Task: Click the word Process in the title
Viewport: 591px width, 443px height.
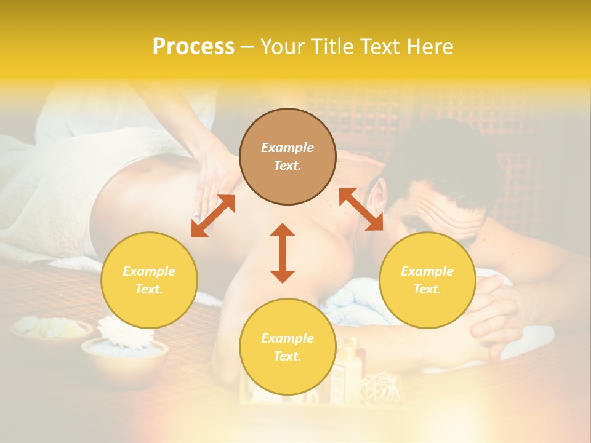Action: coord(193,47)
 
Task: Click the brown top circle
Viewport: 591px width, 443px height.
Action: coord(287,157)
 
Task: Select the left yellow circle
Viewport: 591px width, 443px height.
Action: coord(149,280)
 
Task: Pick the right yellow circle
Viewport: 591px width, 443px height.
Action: coord(427,280)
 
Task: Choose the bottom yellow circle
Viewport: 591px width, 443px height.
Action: coord(287,347)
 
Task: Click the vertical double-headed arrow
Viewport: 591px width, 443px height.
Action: coord(283,253)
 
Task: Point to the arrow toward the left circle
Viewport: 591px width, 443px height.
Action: coord(213,216)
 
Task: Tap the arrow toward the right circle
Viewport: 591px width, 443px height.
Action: coord(361,209)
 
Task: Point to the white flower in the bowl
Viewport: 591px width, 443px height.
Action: coord(126,332)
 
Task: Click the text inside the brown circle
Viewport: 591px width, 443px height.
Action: coord(287,157)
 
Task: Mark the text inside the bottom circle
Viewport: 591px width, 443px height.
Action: coord(287,347)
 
